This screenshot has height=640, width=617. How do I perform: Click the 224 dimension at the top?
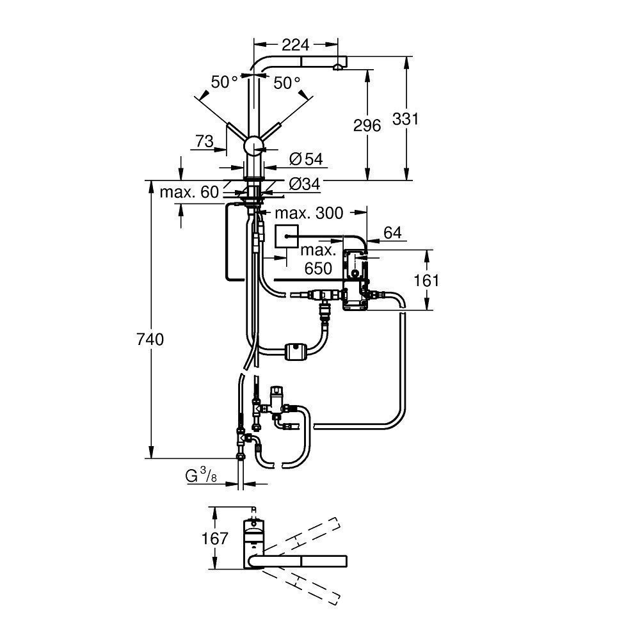(x=295, y=44)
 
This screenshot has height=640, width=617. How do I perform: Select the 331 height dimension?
(x=423, y=119)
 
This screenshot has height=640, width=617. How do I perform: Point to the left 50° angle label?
(x=225, y=83)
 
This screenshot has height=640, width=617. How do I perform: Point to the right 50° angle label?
(x=287, y=83)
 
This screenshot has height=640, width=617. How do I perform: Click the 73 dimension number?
(x=204, y=142)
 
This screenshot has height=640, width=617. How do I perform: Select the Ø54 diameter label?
(x=305, y=157)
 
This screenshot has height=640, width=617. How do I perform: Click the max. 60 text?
(x=189, y=191)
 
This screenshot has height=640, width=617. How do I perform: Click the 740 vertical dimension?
(x=150, y=340)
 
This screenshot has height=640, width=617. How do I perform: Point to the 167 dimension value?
(x=214, y=539)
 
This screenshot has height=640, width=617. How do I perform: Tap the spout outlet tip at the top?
(x=337, y=67)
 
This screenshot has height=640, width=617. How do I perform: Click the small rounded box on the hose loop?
(x=295, y=351)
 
